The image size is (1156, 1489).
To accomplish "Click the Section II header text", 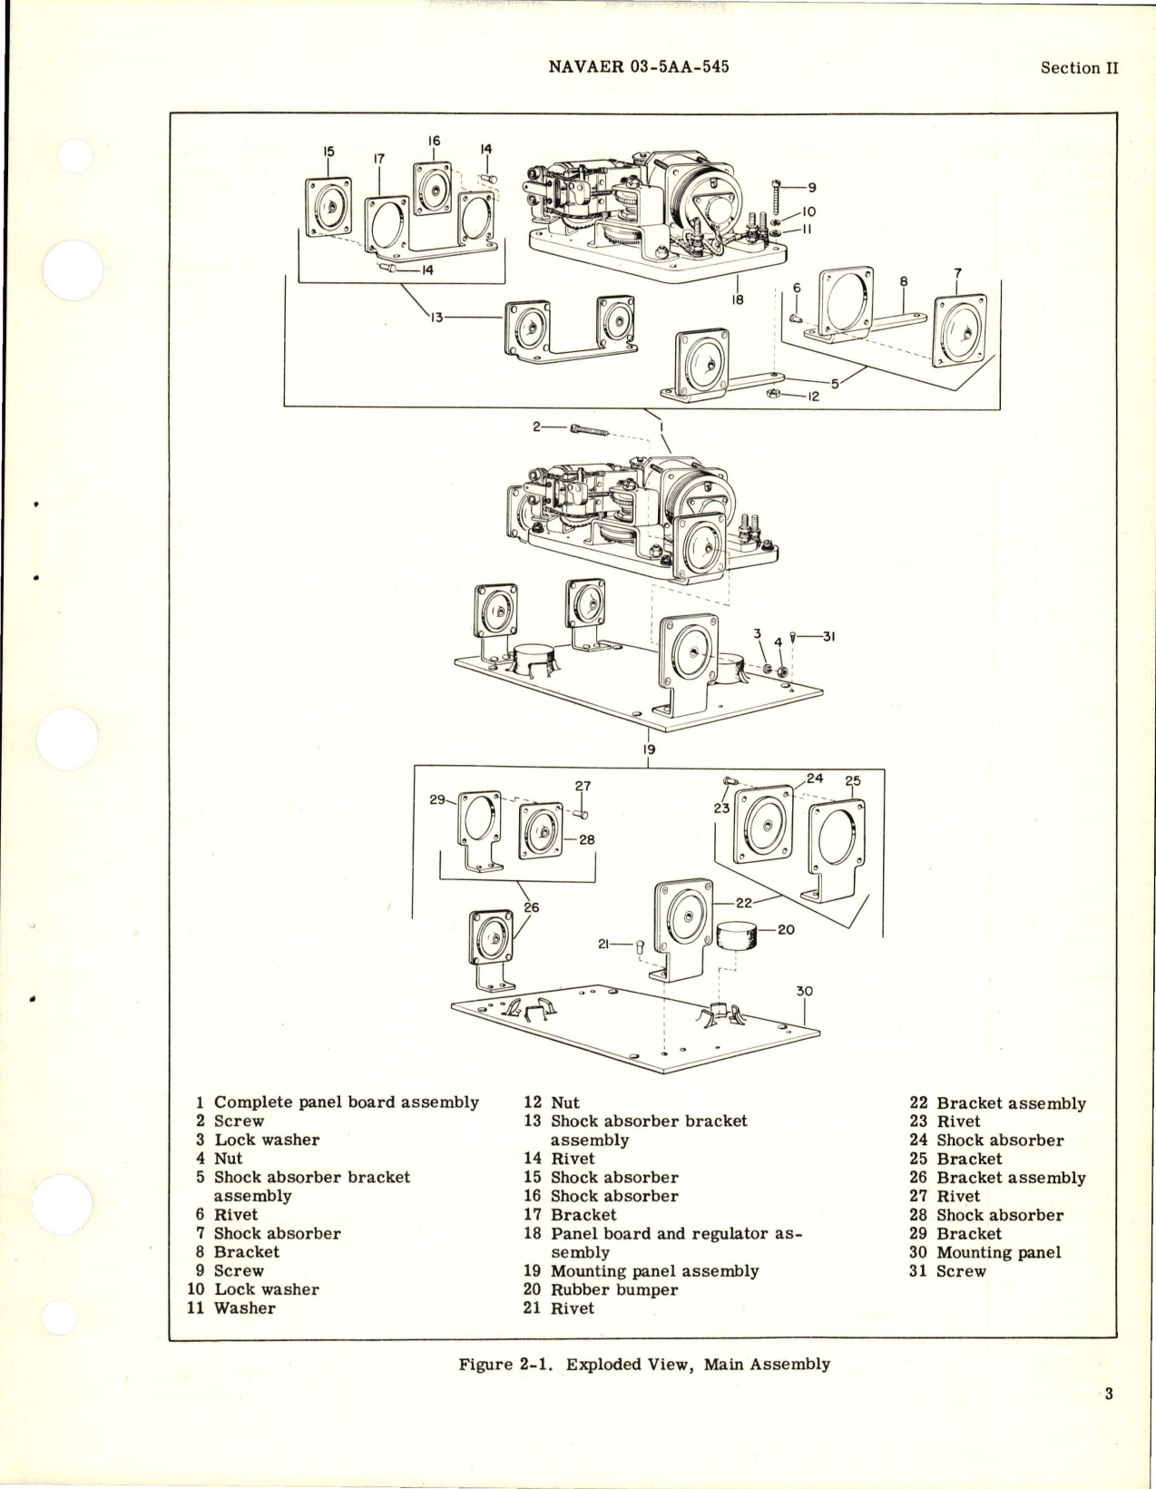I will [1080, 68].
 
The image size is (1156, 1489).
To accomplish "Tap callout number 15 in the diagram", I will [328, 152].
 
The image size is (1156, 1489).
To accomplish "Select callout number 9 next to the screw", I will [812, 188].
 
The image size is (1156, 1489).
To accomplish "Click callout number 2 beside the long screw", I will [536, 426].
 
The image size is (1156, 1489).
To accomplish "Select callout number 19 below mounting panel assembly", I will [649, 749].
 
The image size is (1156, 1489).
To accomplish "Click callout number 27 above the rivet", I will [583, 786].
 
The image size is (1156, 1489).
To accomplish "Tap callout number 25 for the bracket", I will [852, 780].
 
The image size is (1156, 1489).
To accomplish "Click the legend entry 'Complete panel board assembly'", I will [346, 1102].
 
